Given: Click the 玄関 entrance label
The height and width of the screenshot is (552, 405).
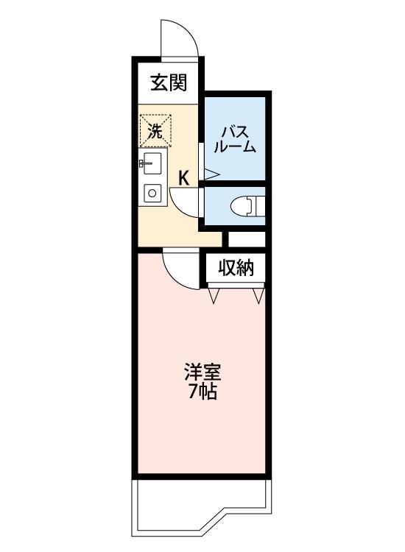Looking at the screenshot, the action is [x=169, y=83].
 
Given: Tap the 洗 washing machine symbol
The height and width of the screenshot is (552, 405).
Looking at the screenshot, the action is [x=155, y=130].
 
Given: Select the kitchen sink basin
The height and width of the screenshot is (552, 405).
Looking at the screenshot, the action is [x=152, y=163].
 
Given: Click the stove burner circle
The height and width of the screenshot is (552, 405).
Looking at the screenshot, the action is [x=152, y=194].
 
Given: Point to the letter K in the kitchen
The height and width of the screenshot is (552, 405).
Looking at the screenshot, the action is [x=184, y=178].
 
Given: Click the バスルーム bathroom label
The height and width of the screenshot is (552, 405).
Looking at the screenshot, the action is [x=235, y=139].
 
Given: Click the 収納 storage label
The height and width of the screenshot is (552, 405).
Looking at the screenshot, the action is [x=236, y=268].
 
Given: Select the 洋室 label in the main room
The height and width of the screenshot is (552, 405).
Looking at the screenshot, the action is [x=202, y=372].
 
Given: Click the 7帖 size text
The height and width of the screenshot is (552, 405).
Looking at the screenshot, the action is [x=202, y=391].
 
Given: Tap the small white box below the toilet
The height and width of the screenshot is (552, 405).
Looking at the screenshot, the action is [x=247, y=239].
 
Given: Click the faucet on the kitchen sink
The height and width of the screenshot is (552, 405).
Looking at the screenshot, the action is [x=145, y=163].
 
